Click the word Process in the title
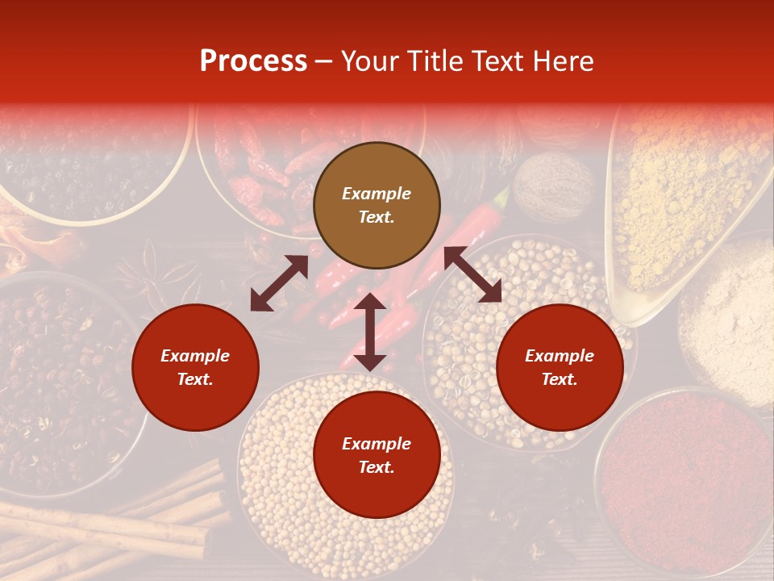(253, 61)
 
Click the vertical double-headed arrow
(370, 332)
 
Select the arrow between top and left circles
(279, 283)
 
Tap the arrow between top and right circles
(472, 274)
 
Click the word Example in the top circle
(377, 194)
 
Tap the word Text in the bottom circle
(377, 467)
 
